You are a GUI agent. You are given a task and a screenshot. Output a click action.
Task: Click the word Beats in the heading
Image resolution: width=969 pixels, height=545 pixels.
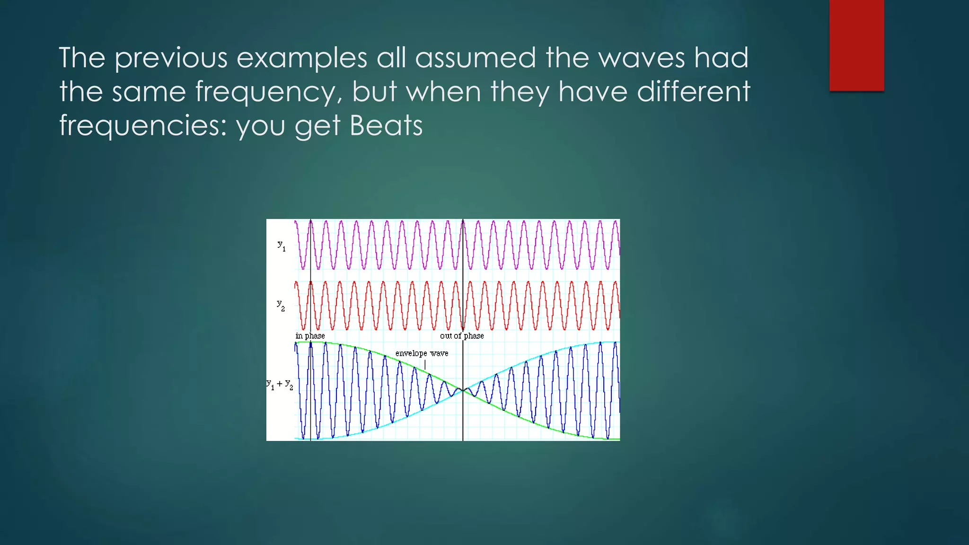pyautogui.click(x=386, y=125)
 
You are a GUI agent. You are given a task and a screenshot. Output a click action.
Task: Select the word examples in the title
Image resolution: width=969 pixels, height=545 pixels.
pyautogui.click(x=302, y=58)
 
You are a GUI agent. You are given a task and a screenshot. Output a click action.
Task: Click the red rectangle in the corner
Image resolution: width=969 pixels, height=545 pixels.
pyautogui.click(x=856, y=45)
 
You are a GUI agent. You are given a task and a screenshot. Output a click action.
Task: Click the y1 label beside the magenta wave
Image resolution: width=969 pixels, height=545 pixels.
pyautogui.click(x=282, y=246)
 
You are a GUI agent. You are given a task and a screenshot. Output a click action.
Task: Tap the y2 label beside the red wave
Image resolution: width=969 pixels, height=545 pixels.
pyautogui.click(x=281, y=305)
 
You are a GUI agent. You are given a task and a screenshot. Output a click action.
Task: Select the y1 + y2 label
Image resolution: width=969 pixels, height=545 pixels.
pyautogui.click(x=280, y=384)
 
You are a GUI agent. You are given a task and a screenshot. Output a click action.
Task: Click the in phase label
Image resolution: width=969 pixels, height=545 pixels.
pyautogui.click(x=310, y=336)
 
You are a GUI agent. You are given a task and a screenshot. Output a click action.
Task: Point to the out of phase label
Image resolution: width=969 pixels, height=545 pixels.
pyautogui.click(x=462, y=336)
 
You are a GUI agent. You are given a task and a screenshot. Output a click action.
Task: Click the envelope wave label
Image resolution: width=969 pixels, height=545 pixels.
pyautogui.click(x=422, y=353)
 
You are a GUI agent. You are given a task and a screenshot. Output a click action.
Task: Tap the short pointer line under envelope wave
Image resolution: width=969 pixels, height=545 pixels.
pyautogui.click(x=425, y=364)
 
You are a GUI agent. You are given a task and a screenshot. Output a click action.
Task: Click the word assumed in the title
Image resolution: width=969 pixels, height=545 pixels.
pyautogui.click(x=475, y=58)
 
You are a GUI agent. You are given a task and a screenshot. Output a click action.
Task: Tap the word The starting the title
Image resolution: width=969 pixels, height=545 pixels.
pyautogui.click(x=82, y=58)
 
